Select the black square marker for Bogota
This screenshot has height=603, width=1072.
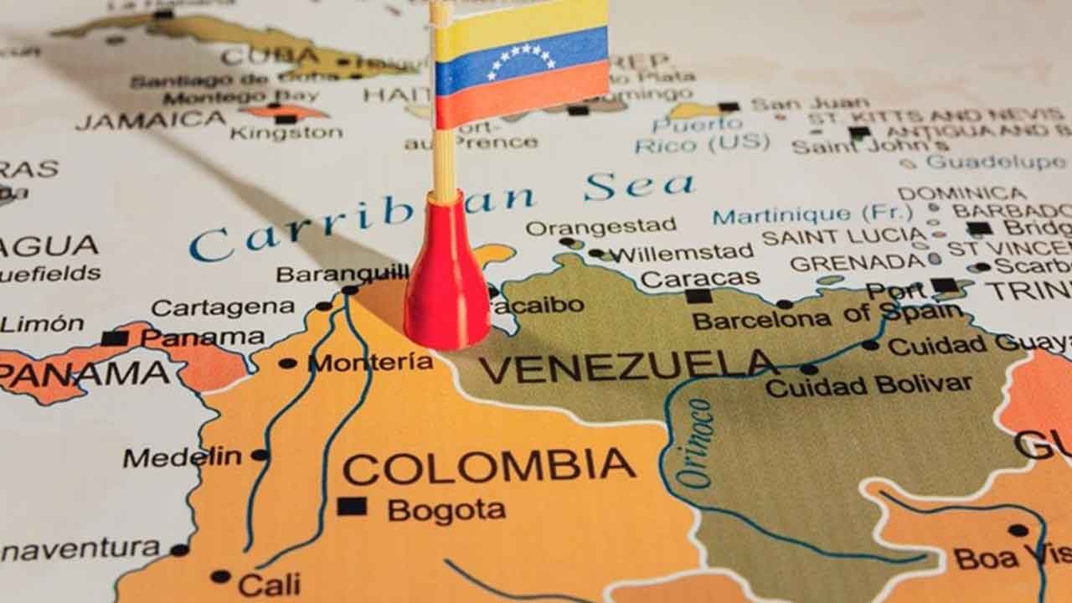tap(352, 507)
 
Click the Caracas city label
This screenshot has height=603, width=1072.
tap(700, 277)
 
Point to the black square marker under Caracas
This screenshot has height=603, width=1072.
tap(698, 296)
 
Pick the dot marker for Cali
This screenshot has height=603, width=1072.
tap(220, 576)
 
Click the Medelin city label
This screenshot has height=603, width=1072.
tap(182, 457)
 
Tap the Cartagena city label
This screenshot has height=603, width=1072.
tap(223, 307)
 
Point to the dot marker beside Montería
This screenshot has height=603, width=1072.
tap(287, 363)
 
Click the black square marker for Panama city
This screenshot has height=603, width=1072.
tap(115, 338)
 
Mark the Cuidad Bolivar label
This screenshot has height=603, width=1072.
tap(868, 385)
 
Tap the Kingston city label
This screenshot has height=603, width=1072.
tap(286, 133)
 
